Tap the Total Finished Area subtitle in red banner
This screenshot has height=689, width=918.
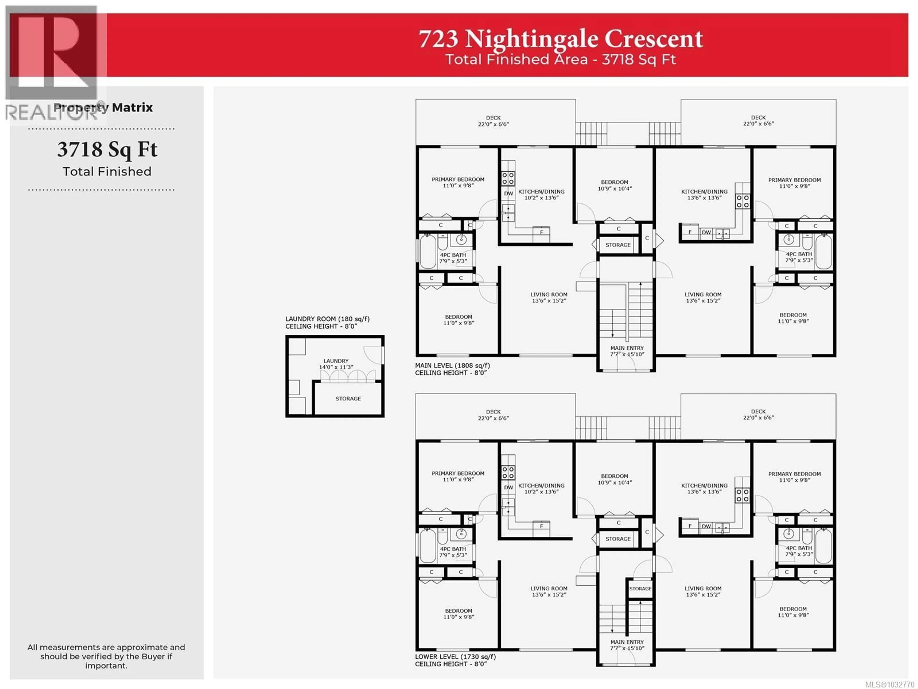click(560, 59)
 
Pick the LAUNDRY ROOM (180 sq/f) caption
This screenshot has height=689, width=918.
click(327, 322)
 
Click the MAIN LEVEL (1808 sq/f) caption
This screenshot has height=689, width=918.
click(452, 369)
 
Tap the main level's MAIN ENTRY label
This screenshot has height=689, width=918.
click(627, 351)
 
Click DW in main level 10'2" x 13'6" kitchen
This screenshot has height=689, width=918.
click(508, 194)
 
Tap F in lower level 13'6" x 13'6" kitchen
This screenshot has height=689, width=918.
click(690, 526)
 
